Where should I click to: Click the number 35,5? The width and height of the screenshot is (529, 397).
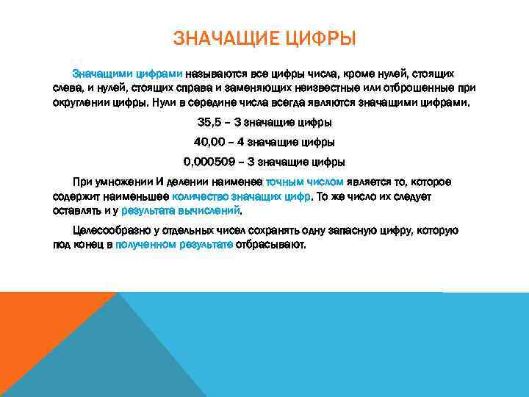[212, 122]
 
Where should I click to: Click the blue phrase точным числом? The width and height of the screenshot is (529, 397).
[304, 182]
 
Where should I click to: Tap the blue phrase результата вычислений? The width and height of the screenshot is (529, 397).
[181, 210]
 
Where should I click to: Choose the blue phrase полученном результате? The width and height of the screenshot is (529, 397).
[173, 245]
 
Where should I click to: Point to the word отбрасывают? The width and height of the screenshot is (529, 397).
[270, 245]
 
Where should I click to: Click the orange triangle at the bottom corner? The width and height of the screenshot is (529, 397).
[37, 338]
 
